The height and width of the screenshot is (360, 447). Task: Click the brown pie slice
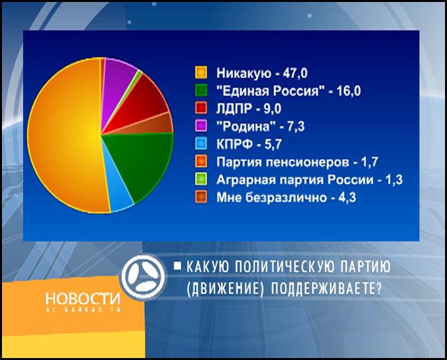(154, 125)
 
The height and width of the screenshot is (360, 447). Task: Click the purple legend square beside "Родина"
(201, 126)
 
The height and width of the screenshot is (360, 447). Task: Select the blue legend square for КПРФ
(201, 144)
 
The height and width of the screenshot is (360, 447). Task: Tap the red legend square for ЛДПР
(201, 108)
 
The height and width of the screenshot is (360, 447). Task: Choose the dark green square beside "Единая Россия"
(201, 90)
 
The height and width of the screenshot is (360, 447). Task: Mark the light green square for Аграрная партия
(201, 180)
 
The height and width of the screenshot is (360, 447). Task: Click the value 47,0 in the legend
(295, 73)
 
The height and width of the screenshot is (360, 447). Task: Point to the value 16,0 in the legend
(349, 91)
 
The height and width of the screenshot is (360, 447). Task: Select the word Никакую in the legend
(244, 73)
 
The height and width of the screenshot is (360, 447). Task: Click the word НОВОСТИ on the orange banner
(83, 298)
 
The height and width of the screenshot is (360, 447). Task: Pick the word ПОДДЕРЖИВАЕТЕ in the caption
(326, 289)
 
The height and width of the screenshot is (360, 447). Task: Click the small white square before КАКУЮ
(178, 267)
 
